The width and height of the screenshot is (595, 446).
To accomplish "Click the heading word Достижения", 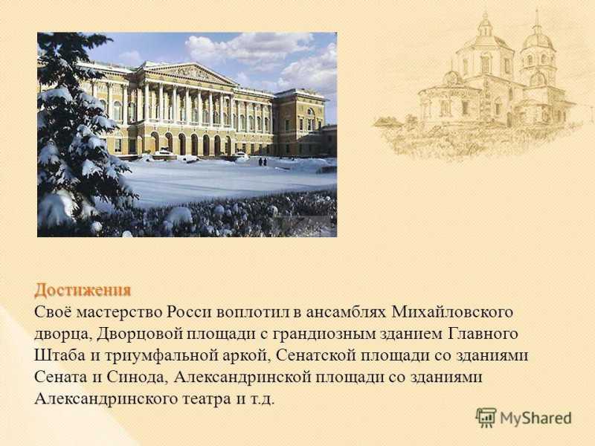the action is tap(83, 291).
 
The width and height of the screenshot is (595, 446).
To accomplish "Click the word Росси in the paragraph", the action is tap(189, 312).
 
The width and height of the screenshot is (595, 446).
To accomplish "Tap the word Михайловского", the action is tap(452, 312).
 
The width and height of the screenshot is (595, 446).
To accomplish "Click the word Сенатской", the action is tap(316, 356).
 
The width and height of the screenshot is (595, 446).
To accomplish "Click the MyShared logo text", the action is tap(535, 418).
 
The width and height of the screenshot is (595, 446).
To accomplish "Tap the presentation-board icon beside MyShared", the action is tap(486, 418).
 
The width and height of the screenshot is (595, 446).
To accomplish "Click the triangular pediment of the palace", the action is tap(191, 72).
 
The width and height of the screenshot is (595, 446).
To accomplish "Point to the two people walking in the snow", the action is tap(263, 161).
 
